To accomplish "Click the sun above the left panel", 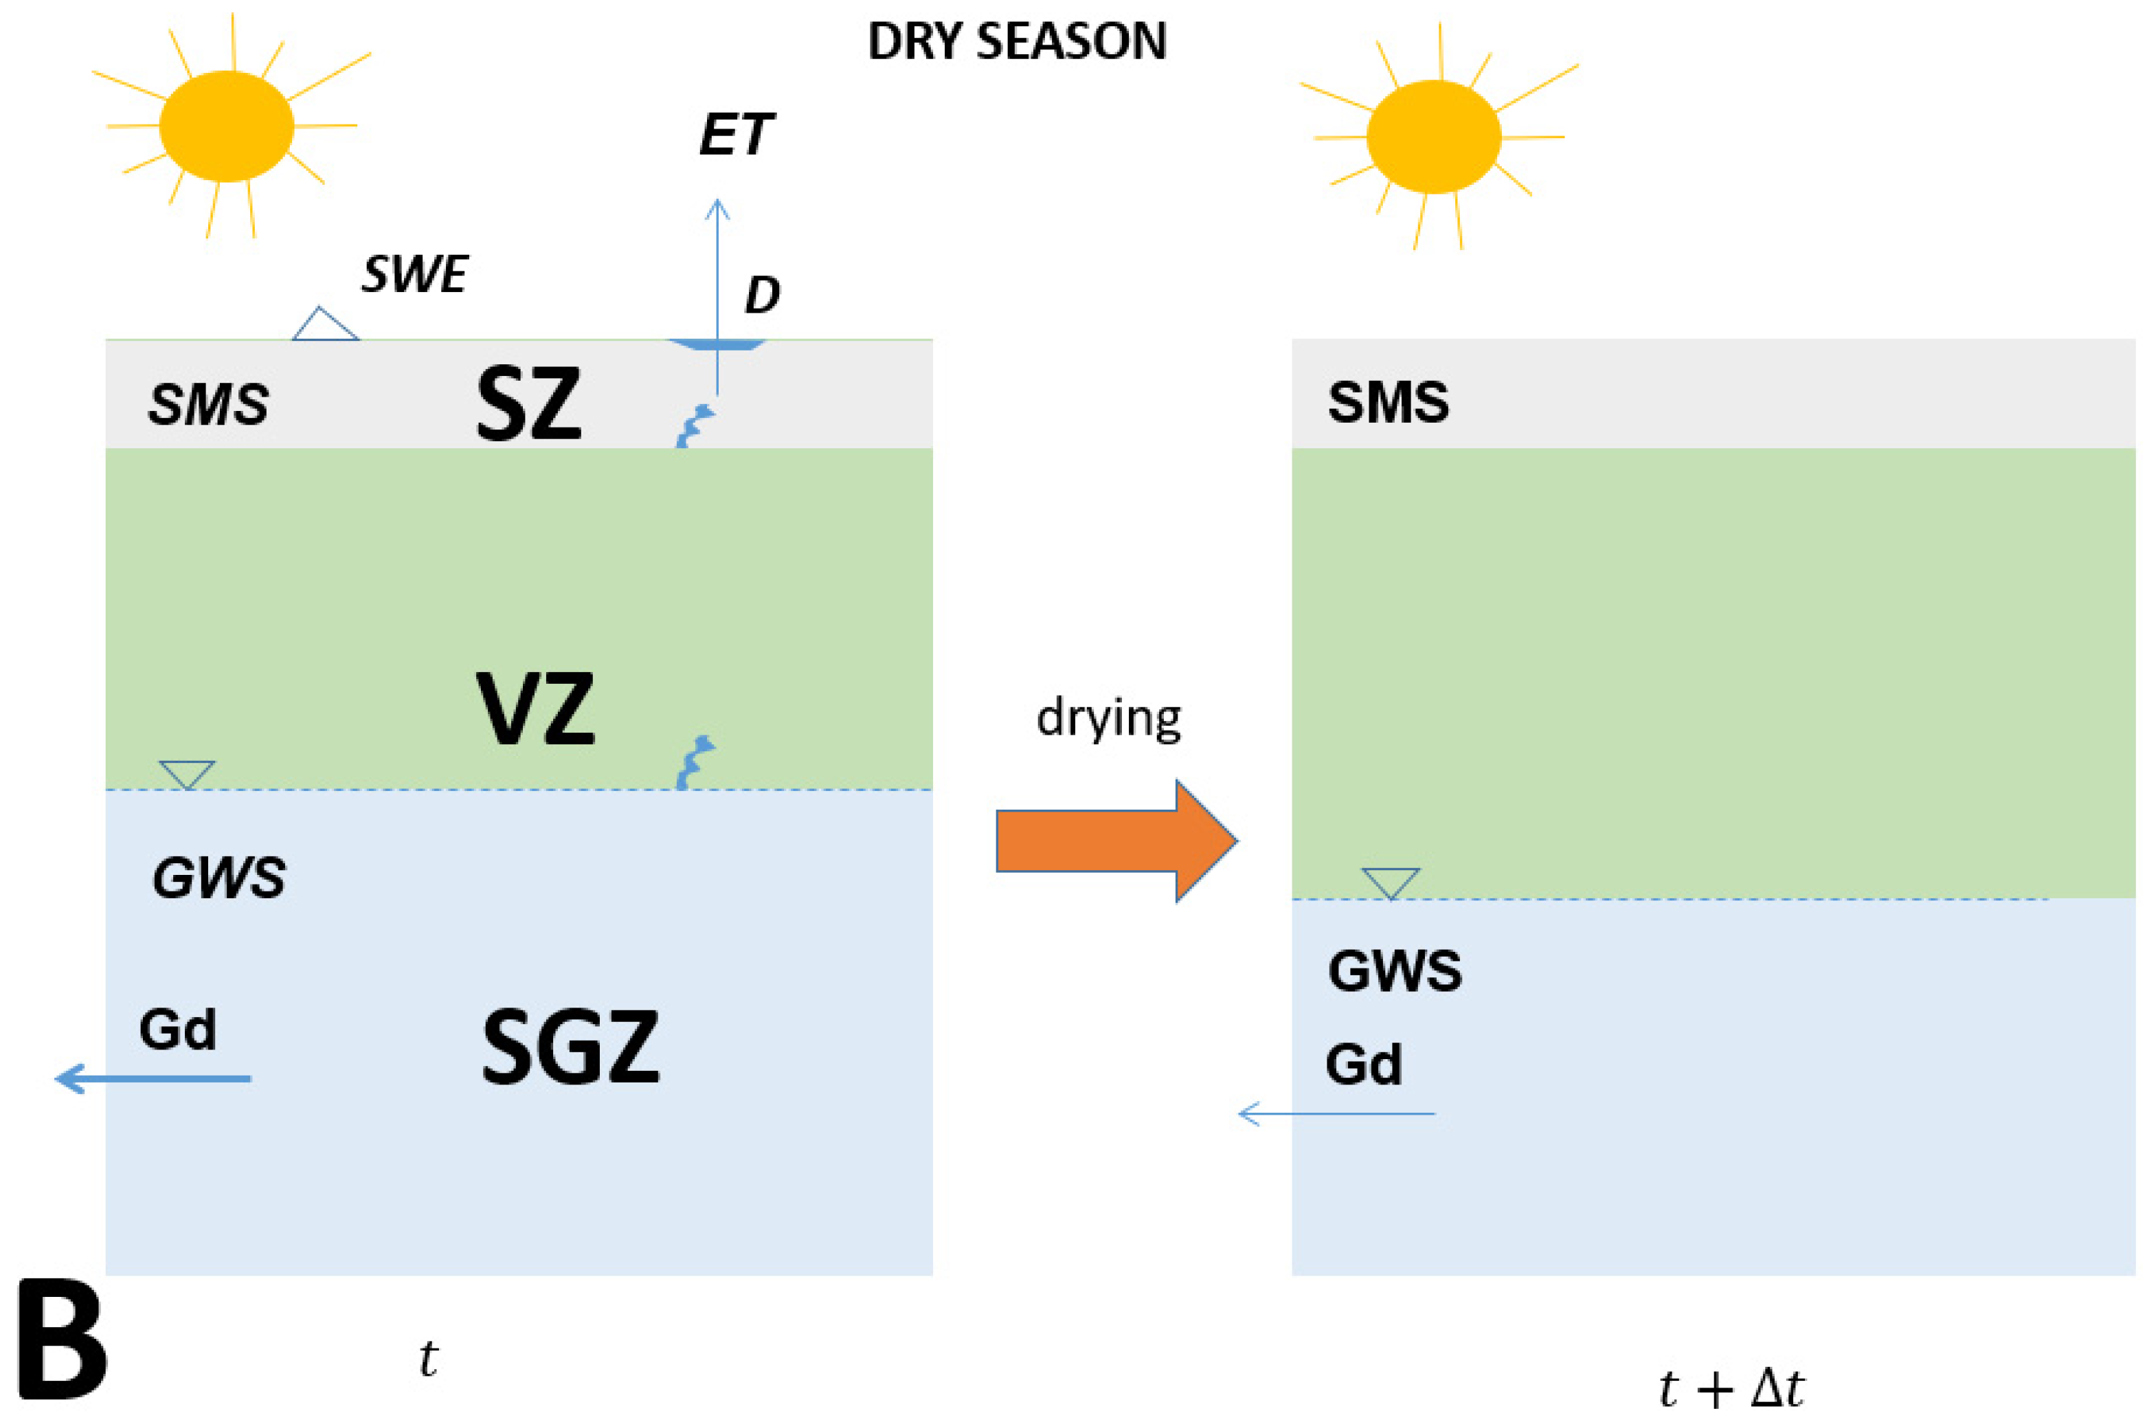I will [227, 127].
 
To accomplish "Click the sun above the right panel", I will [1433, 137].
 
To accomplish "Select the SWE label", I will [414, 274].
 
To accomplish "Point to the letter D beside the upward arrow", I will [761, 296].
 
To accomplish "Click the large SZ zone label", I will [528, 405].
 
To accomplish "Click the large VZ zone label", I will [535, 709].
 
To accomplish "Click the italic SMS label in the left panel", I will [209, 405].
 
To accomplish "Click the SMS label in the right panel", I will [1388, 403].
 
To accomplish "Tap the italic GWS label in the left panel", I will [218, 878].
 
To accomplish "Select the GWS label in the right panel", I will [1395, 971].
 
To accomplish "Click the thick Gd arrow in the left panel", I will [153, 1078].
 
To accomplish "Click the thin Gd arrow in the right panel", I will [1336, 1113].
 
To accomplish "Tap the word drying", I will [1108, 719].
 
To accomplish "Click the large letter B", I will [62, 1340].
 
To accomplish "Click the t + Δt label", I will [1731, 1388].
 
